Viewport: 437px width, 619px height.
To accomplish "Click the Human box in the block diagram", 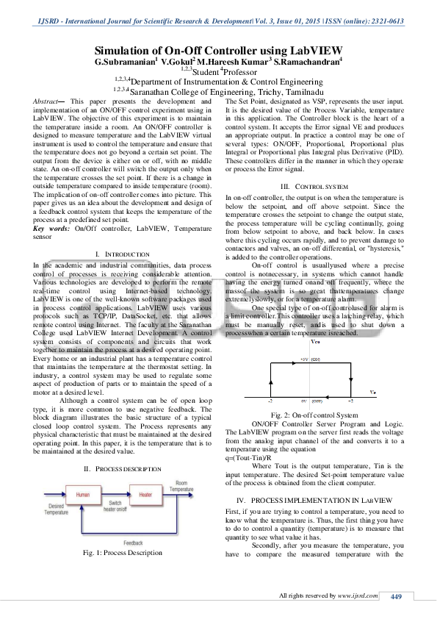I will click(82, 495).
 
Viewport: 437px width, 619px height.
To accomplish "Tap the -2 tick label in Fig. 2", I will click(271, 403).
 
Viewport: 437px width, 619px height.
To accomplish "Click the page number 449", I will click(397, 596).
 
